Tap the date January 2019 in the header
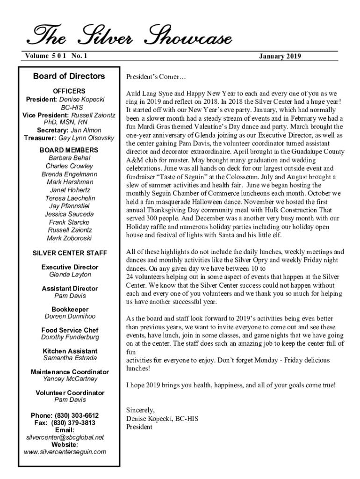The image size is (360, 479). [280, 57]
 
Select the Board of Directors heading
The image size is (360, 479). [69, 76]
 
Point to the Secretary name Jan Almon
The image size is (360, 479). [86, 130]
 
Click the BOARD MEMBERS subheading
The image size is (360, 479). [69, 150]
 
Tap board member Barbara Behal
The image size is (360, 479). [69, 158]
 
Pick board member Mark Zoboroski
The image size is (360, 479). [69, 238]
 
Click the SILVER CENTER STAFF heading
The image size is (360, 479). [70, 253]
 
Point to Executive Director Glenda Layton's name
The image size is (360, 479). [70, 275]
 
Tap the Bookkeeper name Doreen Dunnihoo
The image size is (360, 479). [70, 316]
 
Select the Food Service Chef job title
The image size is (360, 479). [70, 330]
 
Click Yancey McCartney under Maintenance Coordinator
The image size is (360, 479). [70, 379]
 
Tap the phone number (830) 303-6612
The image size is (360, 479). [77, 415]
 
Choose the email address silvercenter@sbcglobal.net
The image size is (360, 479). [65, 437]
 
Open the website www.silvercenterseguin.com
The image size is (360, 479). [65, 452]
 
